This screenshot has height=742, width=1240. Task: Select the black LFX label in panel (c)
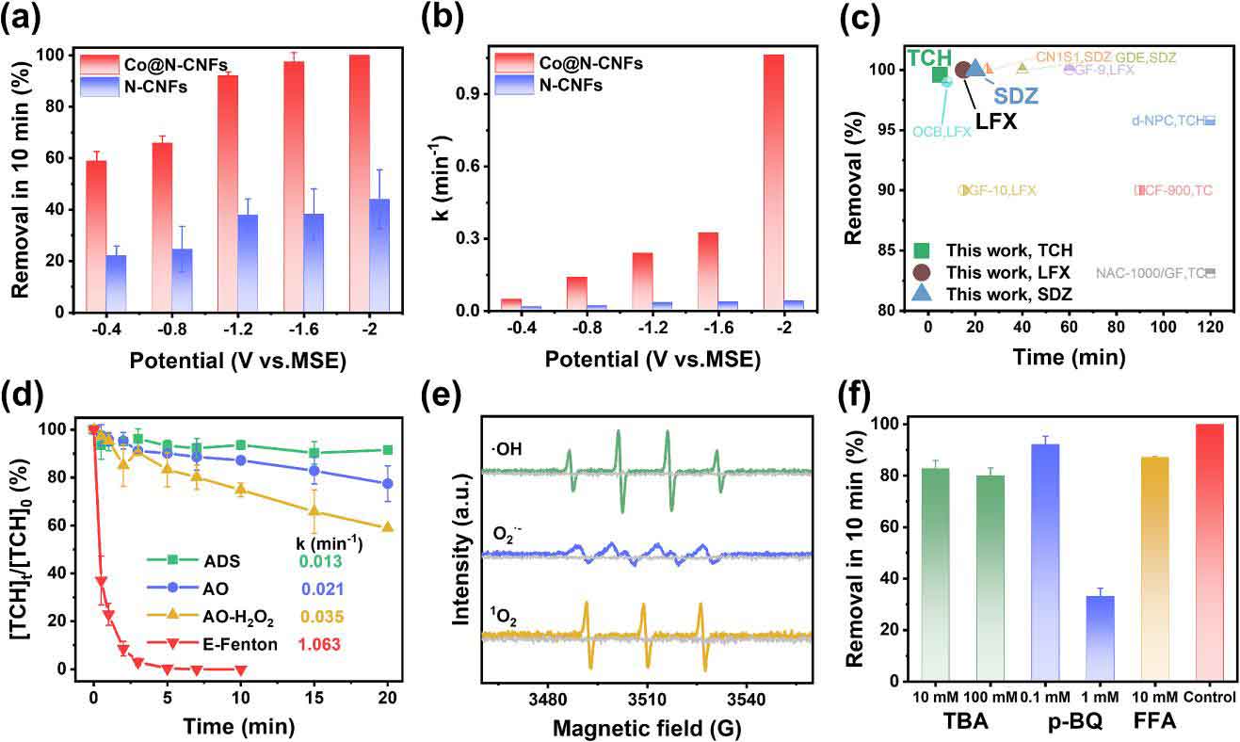[995, 121]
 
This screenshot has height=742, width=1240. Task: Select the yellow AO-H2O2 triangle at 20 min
[389, 527]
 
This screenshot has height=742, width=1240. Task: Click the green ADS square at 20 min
[389, 450]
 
